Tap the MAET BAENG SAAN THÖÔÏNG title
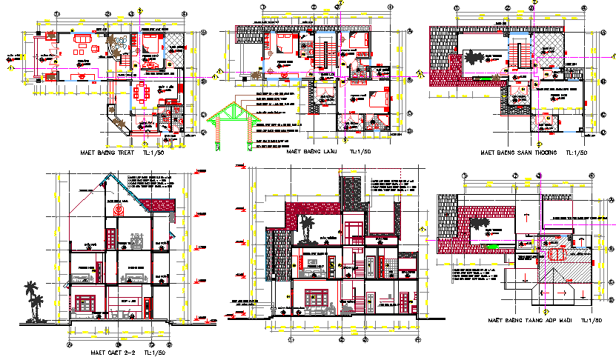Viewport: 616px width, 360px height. point(517,153)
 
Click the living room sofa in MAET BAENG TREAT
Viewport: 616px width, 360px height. point(86,50)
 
